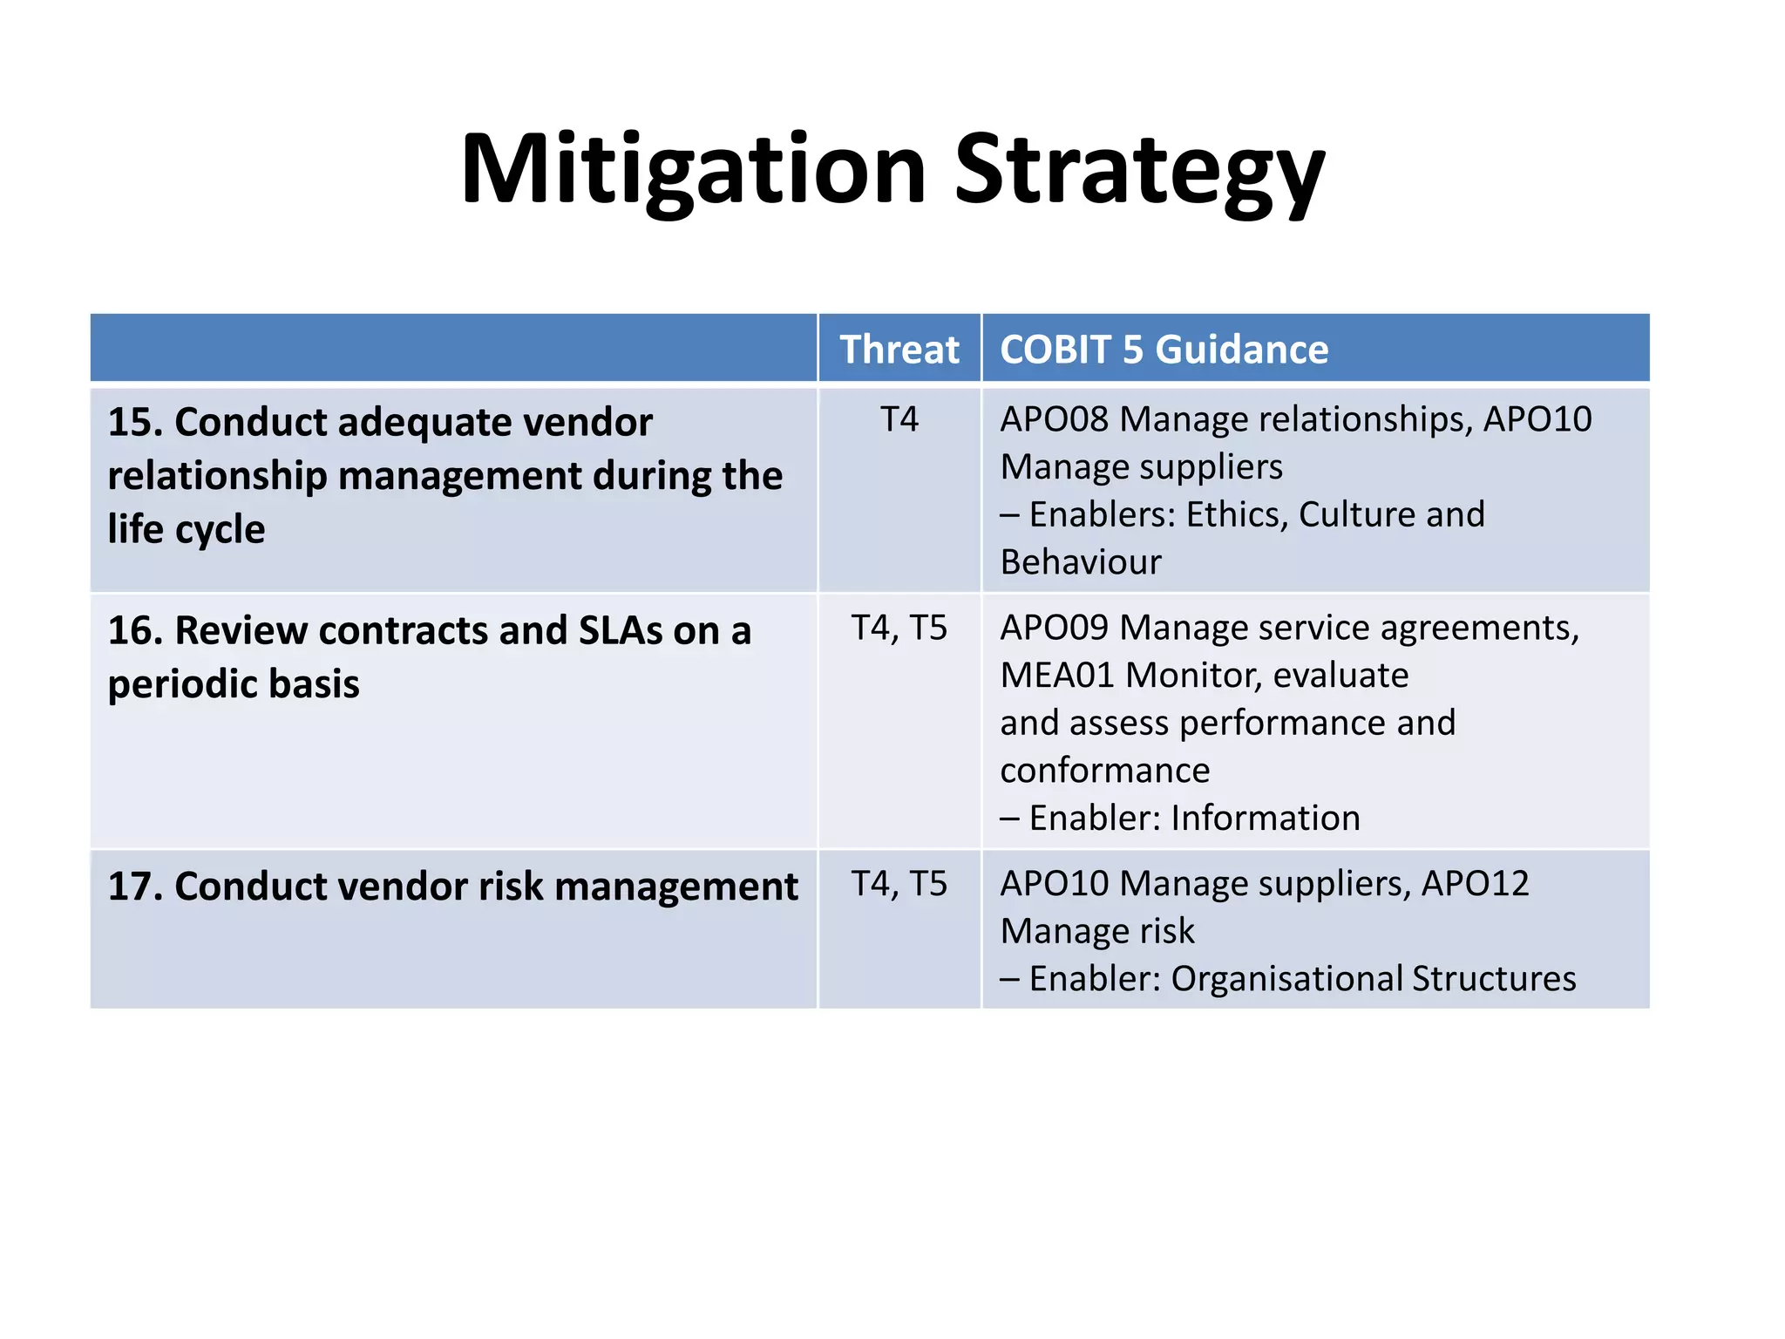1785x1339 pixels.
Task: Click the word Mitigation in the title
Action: pos(693,170)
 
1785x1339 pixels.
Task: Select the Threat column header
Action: pos(899,350)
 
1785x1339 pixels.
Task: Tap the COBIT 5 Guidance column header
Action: pos(1164,350)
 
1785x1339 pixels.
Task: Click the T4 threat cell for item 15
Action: pos(899,420)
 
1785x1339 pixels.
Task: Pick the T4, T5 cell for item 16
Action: pos(899,629)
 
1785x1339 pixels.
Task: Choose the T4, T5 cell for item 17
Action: pos(899,884)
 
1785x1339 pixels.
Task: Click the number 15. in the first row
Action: pos(135,423)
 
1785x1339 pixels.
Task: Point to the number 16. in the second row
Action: pos(135,631)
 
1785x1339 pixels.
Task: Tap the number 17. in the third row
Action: pos(135,887)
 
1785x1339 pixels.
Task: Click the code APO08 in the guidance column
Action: pos(1054,420)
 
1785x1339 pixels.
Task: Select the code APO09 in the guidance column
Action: pos(1054,629)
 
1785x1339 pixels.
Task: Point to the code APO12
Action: pos(1475,884)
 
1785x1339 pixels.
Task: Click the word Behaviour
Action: pos(1080,563)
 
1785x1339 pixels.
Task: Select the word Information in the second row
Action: pos(1265,819)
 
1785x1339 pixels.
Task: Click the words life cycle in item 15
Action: pos(186,530)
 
